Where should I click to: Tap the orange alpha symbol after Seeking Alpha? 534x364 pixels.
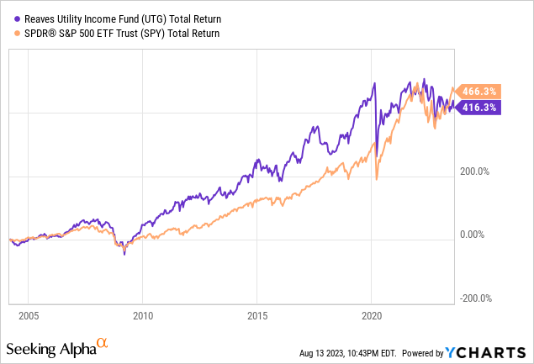point(102,343)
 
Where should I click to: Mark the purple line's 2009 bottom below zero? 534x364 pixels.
point(124,253)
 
